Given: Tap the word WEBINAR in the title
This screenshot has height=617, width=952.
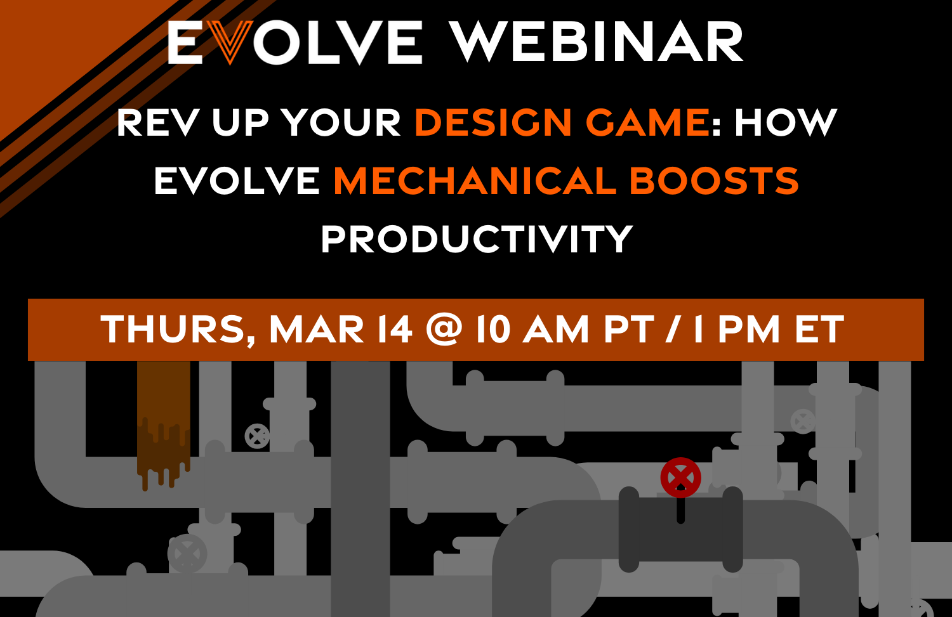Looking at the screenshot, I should click(x=596, y=42).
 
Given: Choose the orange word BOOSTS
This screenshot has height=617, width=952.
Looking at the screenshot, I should click(x=714, y=181).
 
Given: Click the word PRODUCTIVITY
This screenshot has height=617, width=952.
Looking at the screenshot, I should click(x=477, y=239).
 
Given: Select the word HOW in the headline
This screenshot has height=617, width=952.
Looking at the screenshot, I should click(x=786, y=122).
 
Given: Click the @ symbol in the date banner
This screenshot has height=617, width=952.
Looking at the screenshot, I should click(x=444, y=330).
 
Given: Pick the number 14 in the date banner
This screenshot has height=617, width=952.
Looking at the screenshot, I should click(x=394, y=330).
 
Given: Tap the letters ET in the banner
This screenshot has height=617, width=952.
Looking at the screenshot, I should click(x=819, y=330).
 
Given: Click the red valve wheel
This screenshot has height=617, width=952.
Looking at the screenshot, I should click(x=680, y=477).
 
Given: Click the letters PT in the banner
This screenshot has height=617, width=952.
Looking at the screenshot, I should click(x=628, y=330).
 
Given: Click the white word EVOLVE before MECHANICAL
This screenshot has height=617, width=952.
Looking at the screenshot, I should click(x=237, y=181).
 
